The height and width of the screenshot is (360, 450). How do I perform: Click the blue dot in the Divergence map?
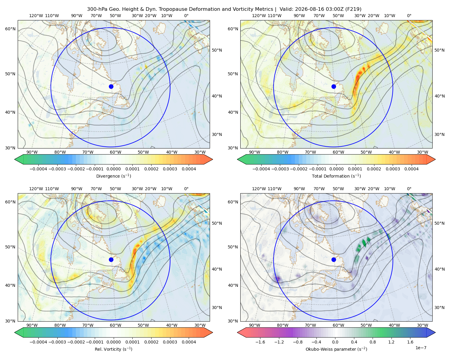coord(111,87)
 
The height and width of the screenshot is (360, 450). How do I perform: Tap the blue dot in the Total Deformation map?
coord(334,87)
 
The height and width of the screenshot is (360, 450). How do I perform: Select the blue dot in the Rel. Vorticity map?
coord(111,259)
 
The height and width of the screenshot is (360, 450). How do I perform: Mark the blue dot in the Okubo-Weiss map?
coord(334,259)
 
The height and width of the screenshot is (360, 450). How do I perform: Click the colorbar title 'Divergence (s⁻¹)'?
coord(113,176)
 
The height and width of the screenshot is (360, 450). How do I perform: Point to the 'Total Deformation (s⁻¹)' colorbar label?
coord(336,176)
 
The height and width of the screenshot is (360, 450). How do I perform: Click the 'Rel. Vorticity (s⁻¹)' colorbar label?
coord(113,349)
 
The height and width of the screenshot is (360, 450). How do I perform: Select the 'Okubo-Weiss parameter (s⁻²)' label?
coord(336,349)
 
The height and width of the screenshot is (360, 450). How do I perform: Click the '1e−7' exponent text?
coord(421,348)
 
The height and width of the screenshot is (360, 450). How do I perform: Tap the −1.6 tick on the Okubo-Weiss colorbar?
coord(260,342)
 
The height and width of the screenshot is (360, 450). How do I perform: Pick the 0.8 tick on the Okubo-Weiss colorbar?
coord(373,342)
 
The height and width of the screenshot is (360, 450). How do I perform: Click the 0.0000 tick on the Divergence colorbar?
coord(113,169)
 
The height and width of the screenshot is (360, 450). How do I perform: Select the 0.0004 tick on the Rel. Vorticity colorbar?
coord(189,342)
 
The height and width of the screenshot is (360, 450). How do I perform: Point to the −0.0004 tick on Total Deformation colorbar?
coord(261,169)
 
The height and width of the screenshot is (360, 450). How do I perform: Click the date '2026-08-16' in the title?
coord(307,9)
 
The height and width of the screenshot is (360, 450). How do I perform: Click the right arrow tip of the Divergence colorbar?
coord(213,160)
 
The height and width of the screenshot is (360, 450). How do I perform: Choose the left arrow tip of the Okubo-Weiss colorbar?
coord(237,333)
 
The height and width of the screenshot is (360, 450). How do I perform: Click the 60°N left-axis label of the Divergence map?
coord(10,29)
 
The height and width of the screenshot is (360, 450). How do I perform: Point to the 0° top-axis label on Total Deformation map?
coord(409,16)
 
